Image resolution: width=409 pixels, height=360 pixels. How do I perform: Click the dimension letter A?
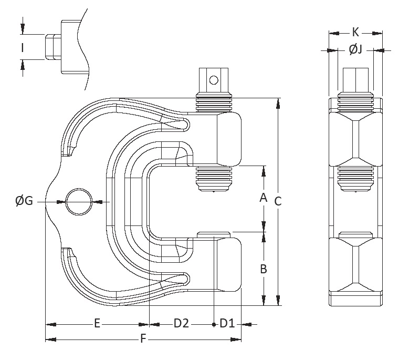coord(264,198)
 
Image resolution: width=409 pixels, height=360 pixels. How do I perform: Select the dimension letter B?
coord(264,269)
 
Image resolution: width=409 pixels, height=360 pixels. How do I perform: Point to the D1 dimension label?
coord(227,324)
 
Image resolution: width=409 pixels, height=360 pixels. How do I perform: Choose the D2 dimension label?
coord(181,324)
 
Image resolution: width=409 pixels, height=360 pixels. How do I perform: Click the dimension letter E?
coord(97,324)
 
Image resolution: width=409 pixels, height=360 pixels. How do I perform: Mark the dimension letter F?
coord(142,340)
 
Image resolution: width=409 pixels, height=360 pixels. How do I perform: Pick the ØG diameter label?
coord(24,200)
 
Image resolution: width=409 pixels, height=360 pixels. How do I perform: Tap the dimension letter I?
coord(23,48)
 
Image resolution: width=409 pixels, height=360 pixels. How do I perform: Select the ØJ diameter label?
coord(355,50)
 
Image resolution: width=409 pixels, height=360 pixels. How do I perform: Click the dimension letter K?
coord(355,32)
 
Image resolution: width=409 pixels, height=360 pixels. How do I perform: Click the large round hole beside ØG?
coord(78,201)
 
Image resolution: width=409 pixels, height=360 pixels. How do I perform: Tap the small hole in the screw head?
coord(213,80)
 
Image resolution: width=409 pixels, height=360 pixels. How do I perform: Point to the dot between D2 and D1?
coord(214,324)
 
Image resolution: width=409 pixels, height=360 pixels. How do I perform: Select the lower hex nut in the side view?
coord(355,268)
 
